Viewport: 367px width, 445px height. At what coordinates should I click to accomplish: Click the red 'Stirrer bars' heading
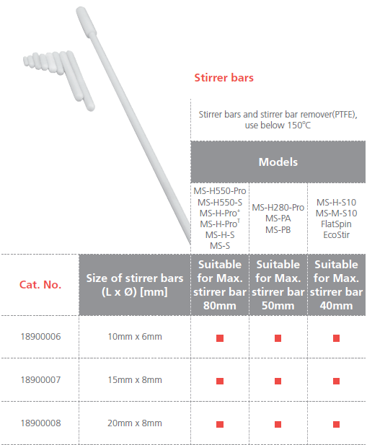pos(224,78)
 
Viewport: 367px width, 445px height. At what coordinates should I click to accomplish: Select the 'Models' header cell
pos(278,162)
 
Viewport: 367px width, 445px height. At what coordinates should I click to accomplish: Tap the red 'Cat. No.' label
pos(40,285)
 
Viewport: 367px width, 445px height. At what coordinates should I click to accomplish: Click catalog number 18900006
pos(40,337)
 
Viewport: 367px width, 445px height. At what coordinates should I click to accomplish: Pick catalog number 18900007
pos(40,379)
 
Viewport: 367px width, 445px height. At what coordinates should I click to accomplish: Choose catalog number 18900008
pos(40,423)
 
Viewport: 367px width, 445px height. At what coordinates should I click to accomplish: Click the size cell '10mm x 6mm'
pos(135,337)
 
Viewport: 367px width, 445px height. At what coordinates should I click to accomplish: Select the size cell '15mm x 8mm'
pos(135,379)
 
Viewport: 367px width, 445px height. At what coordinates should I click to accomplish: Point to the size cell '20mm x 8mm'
pos(135,423)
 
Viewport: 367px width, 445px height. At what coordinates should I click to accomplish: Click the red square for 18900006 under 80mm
pos(220,338)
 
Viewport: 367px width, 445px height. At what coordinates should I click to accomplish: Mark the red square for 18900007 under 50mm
pos(278,381)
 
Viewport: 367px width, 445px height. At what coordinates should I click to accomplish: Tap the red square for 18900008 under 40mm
pos(337,424)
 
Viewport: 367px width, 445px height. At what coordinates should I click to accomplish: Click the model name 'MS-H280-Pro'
pos(278,208)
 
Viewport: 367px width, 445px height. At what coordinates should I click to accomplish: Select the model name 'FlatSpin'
pos(337,224)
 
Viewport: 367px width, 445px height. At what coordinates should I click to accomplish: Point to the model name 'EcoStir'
pos(337,234)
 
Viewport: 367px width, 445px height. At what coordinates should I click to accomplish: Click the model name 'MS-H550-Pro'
pos(220,191)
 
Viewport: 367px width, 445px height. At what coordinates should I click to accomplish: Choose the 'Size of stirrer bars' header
pos(135,278)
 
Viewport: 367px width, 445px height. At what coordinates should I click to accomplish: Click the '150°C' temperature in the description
pos(299,125)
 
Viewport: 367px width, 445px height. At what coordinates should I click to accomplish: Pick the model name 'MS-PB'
pos(278,229)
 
